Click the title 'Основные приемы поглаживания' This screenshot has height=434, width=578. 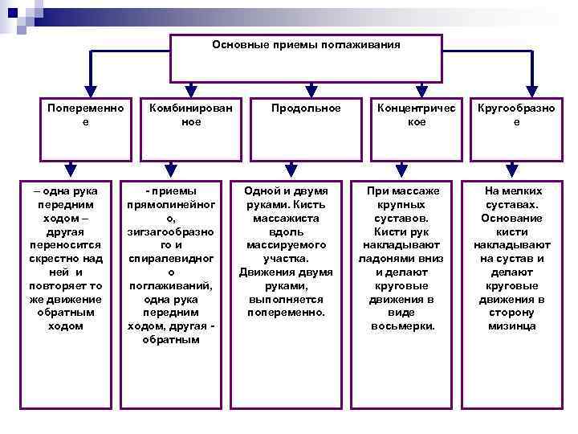306,44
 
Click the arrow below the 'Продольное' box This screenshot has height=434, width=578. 287,168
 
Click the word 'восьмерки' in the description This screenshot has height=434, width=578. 403,326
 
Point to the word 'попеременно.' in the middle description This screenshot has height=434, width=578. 287,313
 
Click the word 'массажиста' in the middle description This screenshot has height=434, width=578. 287,218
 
